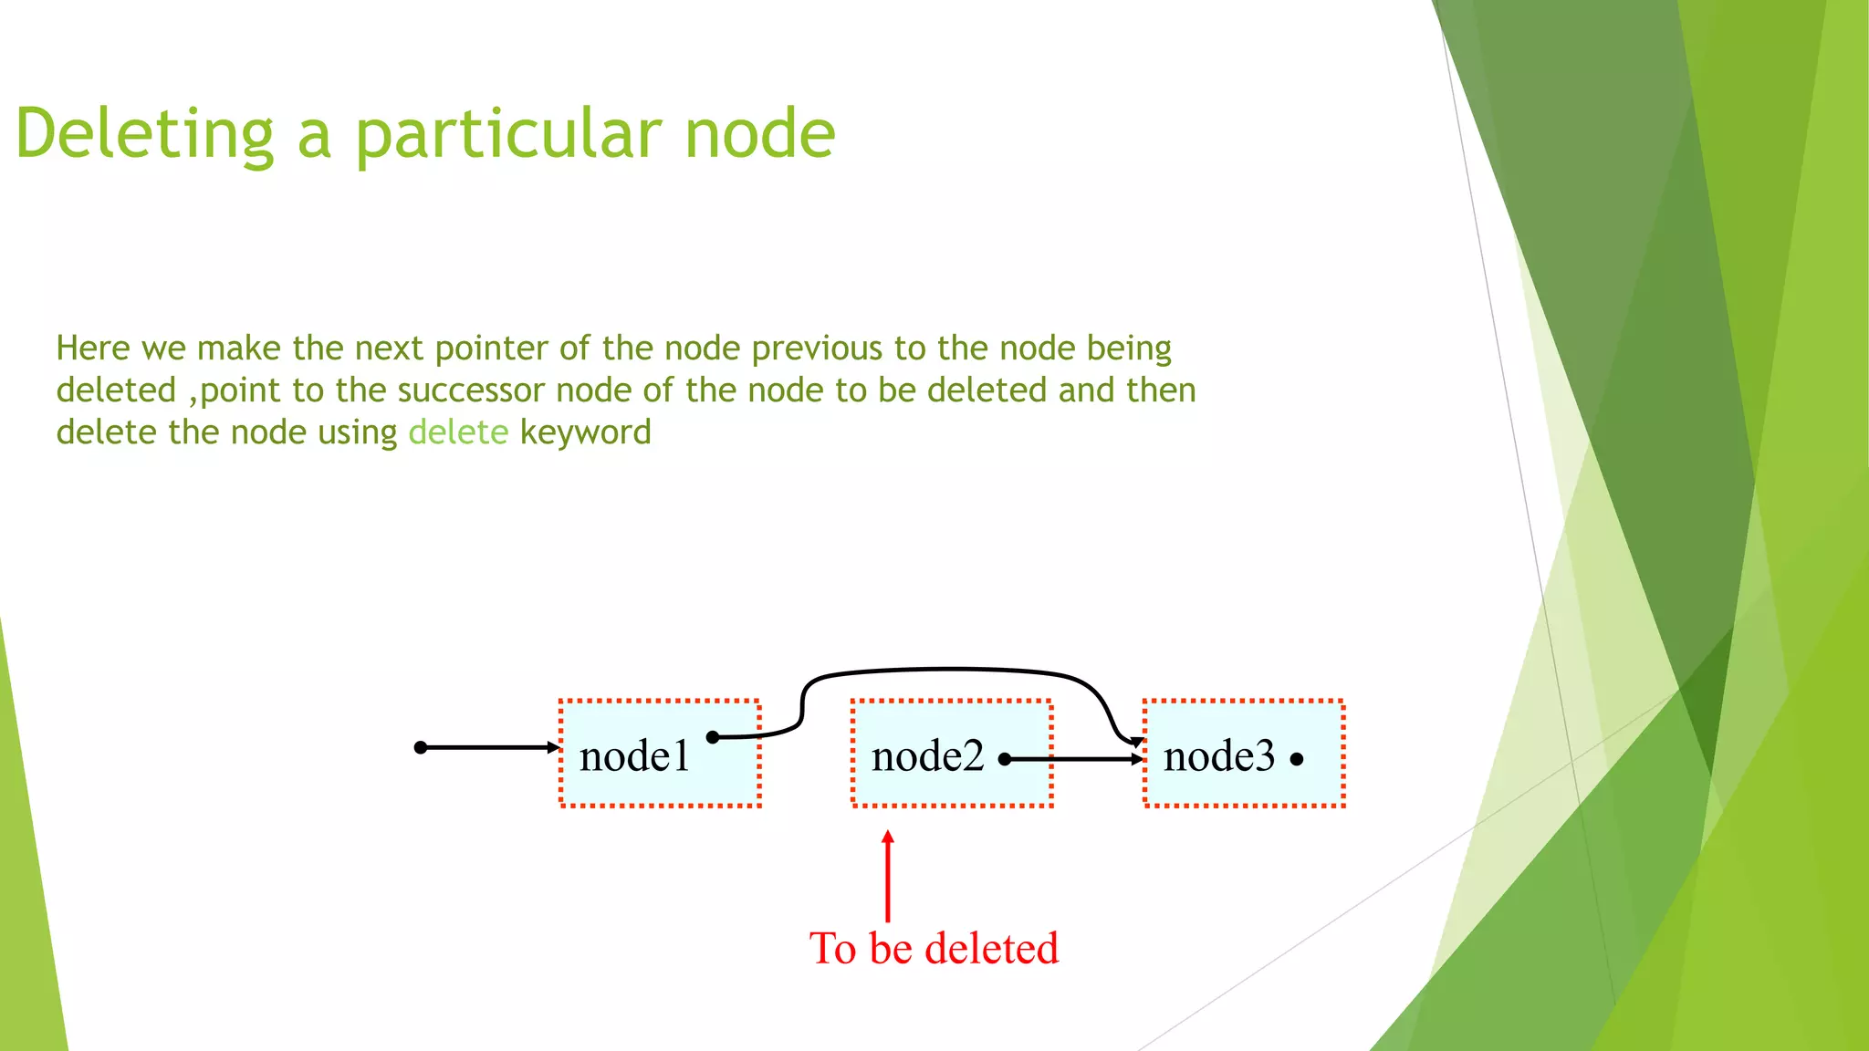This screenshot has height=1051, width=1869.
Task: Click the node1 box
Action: click(659, 754)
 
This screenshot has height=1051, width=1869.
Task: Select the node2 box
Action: click(951, 754)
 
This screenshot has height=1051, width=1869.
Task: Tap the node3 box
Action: click(1243, 754)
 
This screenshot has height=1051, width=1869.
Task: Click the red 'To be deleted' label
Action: click(934, 948)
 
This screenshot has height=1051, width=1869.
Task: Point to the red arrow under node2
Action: click(888, 876)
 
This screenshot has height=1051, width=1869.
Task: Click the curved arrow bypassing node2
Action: click(949, 671)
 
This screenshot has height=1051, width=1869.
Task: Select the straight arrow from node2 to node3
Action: click(1077, 759)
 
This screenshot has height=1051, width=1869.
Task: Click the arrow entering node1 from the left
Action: click(488, 748)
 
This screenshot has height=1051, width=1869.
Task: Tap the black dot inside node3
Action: click(1297, 759)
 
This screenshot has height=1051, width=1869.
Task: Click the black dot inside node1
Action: click(713, 737)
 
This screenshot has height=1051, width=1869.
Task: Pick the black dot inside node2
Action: click(1004, 759)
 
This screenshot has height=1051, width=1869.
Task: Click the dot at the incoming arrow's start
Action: click(421, 748)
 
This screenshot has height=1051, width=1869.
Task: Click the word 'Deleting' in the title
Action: click(145, 134)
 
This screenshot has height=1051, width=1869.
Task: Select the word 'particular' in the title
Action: click(506, 134)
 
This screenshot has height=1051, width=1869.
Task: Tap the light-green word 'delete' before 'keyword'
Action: click(458, 432)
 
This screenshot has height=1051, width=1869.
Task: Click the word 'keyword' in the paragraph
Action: click(585, 432)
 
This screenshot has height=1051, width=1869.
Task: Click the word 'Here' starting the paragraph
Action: click(93, 348)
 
